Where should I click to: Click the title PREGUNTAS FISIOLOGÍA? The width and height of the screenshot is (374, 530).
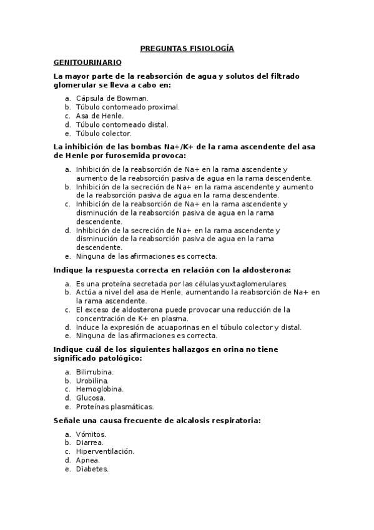coord(187,48)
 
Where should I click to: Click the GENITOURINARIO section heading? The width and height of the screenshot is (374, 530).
coord(87,62)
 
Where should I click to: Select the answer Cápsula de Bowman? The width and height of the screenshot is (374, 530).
coord(112,98)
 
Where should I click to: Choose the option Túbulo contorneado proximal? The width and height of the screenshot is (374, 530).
coord(127,107)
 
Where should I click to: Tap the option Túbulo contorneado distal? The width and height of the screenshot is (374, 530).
coord(122,124)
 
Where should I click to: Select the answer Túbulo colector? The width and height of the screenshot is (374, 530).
coord(104,133)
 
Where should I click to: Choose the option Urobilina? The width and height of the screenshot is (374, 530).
coord(92,380)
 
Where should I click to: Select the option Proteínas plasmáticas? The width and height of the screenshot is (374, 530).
coord(114,406)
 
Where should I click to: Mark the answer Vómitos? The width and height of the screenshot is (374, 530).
coord(91,434)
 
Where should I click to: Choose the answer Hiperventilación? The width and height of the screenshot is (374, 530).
coord(105,451)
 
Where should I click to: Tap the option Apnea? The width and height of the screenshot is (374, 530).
coord(87,460)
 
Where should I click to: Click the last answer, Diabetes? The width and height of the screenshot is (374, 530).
coord(92,469)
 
